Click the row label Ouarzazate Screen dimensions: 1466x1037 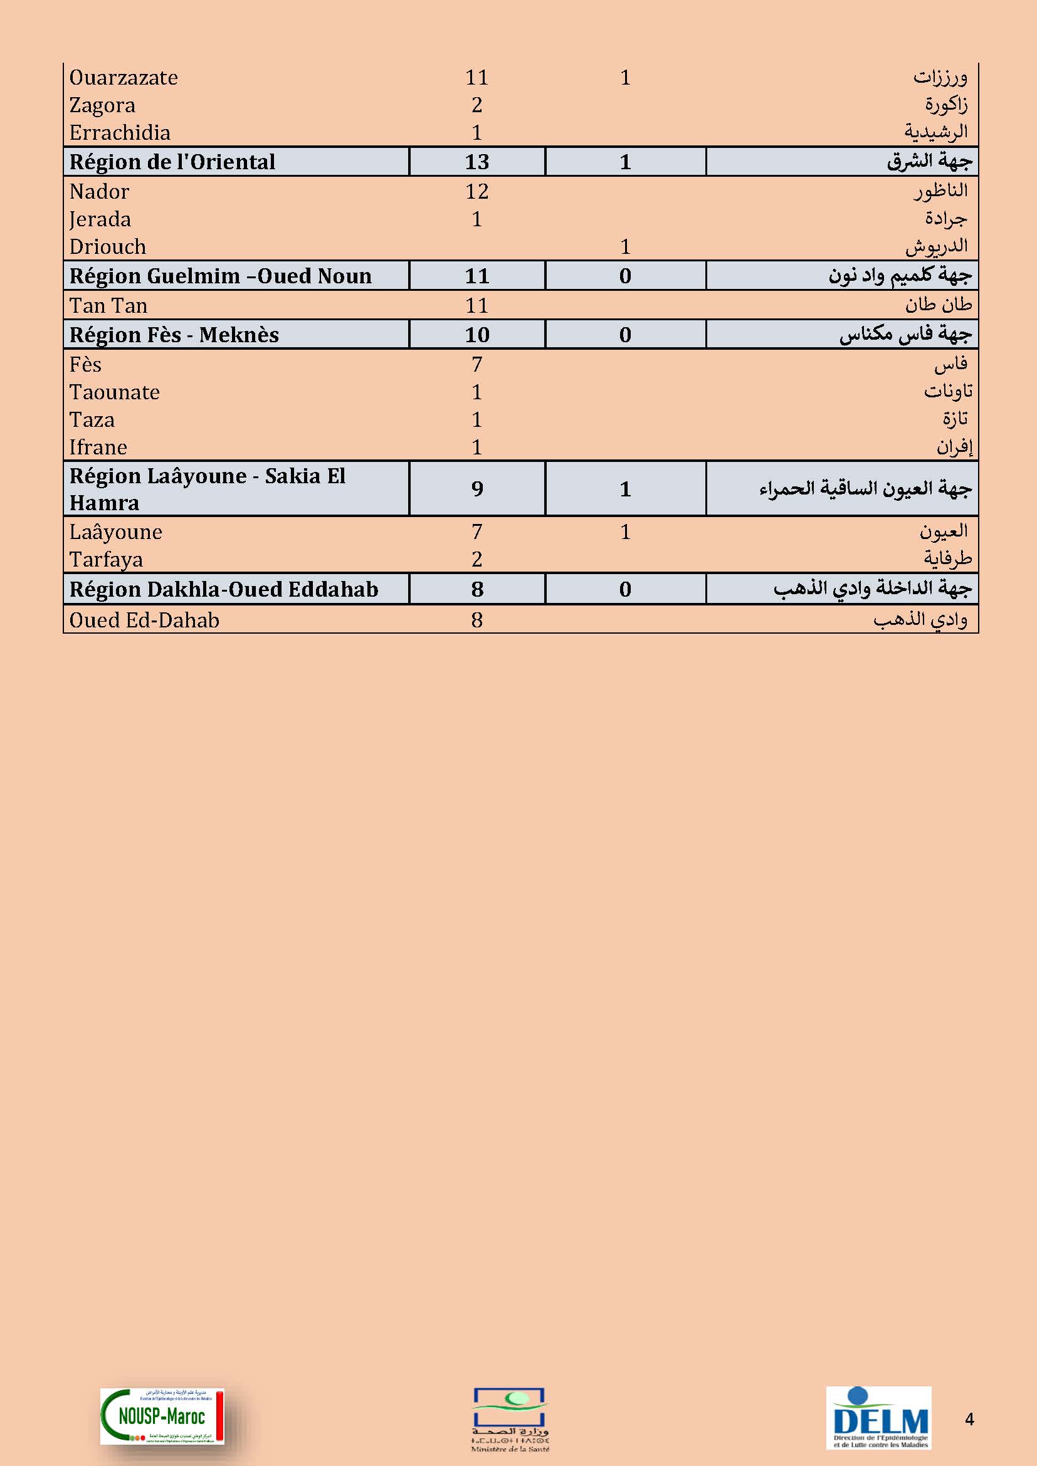coord(124,77)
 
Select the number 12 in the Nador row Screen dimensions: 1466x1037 coord(476,191)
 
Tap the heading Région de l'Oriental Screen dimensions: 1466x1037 coord(172,162)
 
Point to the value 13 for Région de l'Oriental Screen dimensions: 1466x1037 coord(476,162)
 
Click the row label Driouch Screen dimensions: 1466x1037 coord(107,246)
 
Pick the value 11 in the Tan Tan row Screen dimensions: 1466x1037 coord(476,305)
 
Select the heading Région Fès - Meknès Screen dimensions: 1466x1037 coord(174,335)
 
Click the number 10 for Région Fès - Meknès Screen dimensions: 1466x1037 coord(476,335)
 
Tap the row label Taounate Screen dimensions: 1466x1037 coord(114,392)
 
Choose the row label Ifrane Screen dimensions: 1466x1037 coord(98,447)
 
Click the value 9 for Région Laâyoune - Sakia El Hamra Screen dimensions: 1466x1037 coord(476,488)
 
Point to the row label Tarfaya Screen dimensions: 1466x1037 coord(106,559)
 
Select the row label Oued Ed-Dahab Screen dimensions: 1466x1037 coord(144,620)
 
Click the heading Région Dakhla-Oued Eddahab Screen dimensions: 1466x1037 coord(223,589)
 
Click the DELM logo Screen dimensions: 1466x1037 coord(878,1417)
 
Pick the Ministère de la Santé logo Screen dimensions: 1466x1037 coord(510,1419)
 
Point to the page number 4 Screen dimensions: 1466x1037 coord(969,1420)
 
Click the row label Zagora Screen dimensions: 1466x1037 coord(102,105)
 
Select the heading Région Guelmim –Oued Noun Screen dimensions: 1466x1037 coord(220,276)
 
